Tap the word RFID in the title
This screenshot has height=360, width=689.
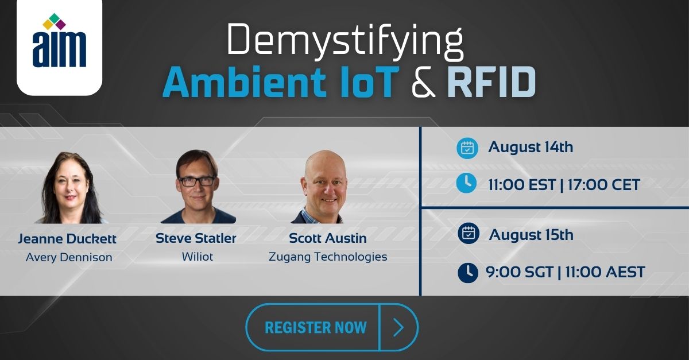(491, 83)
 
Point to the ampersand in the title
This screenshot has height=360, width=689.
(423, 83)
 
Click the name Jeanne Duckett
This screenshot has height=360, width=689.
(68, 238)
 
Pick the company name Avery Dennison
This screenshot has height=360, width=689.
(69, 257)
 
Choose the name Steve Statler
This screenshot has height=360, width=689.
(196, 238)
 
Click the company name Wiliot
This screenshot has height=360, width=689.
(197, 257)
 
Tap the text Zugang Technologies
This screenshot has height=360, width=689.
(328, 257)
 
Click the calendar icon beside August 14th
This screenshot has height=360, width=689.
(467, 148)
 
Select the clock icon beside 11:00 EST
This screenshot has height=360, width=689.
(466, 183)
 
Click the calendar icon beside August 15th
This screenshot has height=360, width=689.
(468, 234)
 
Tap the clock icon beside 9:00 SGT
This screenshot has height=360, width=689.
(468, 272)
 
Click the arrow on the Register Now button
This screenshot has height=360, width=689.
(398, 327)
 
